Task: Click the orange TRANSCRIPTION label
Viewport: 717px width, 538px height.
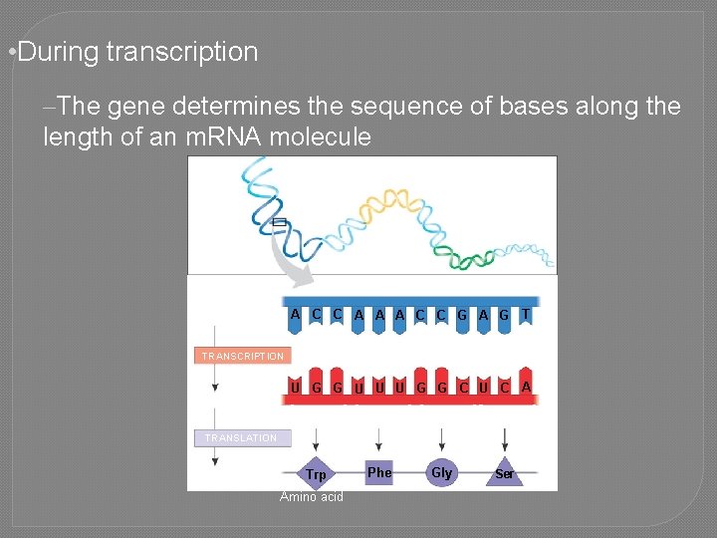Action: [x=241, y=356]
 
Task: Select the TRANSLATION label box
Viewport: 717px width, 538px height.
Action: [x=241, y=437]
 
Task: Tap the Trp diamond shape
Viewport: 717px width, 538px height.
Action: [x=316, y=474]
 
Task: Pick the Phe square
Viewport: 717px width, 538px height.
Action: [x=379, y=472]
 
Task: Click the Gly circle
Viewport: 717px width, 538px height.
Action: [x=441, y=472]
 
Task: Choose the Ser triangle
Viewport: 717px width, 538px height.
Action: [x=505, y=473]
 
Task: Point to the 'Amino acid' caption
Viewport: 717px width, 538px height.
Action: [x=311, y=497]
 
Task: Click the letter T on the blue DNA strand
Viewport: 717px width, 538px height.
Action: [x=526, y=314]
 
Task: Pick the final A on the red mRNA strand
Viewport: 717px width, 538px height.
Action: [x=526, y=386]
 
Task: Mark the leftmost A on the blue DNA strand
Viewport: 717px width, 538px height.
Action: [x=295, y=314]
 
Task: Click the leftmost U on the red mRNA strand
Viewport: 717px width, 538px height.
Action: [x=295, y=387]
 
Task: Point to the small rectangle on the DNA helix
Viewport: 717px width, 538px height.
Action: [x=279, y=223]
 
